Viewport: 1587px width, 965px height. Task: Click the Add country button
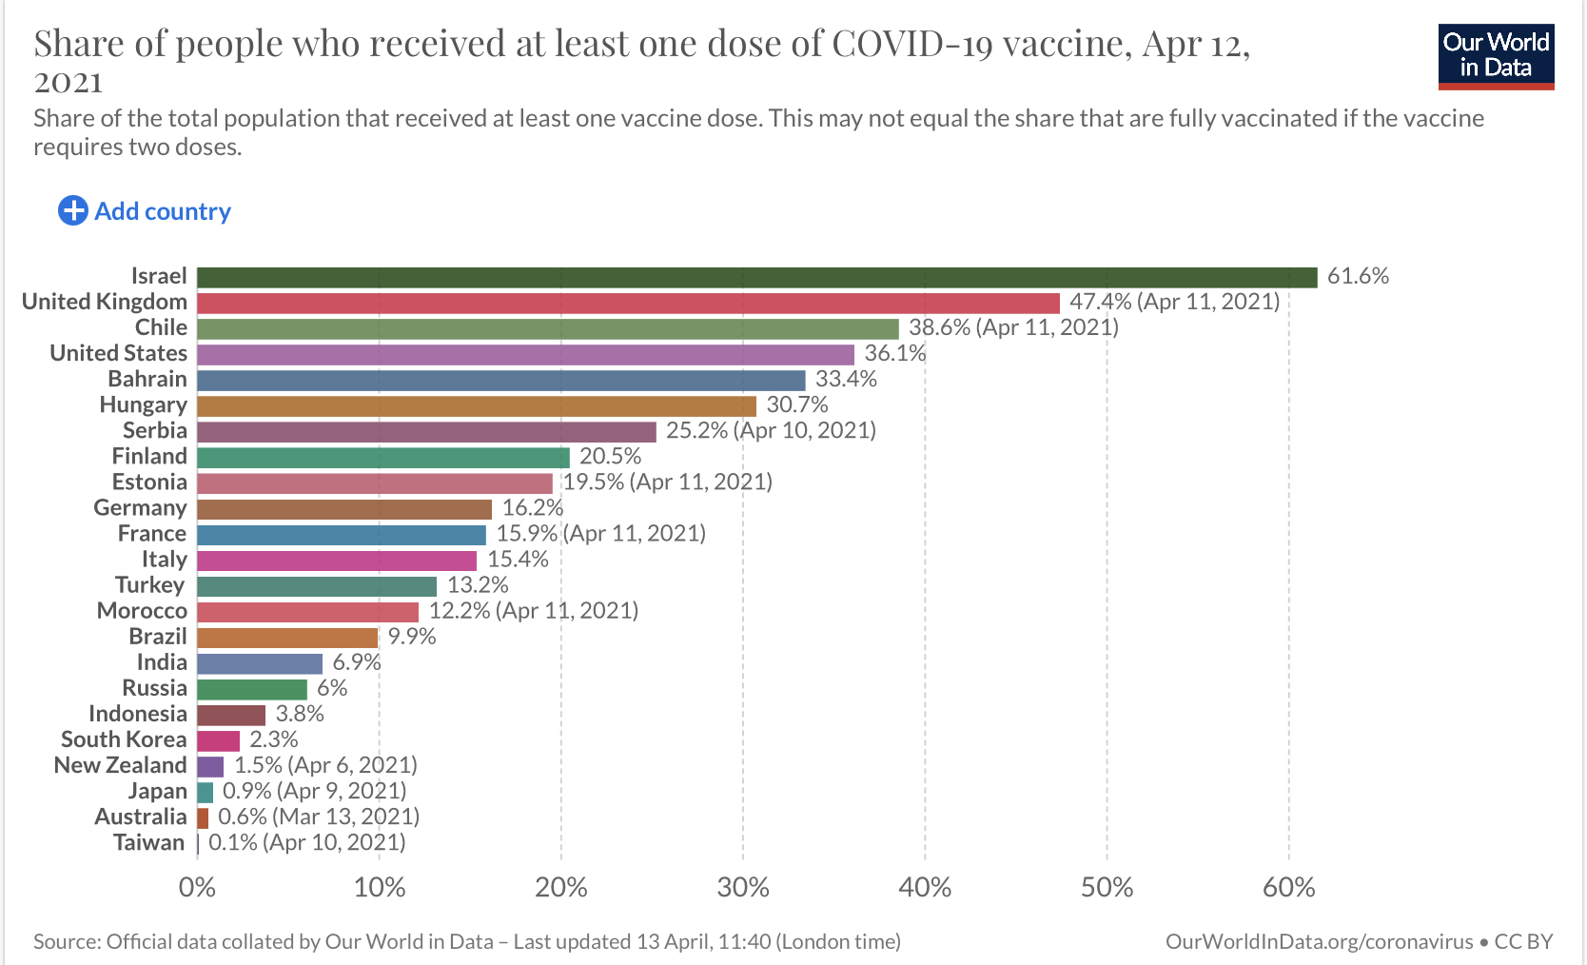point(145,211)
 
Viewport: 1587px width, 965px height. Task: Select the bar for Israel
point(756,277)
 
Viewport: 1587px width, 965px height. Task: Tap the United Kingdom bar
point(628,303)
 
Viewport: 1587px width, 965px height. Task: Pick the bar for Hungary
point(476,405)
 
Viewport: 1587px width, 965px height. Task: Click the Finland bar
point(382,457)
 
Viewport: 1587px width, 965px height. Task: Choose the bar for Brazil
point(287,637)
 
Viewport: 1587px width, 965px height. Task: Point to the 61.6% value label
point(1358,276)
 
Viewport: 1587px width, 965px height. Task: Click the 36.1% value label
point(894,353)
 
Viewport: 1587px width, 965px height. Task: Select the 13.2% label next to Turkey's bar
point(478,584)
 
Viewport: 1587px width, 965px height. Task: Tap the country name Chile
point(161,327)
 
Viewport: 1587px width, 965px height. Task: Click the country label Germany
point(140,507)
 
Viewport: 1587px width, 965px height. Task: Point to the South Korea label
point(124,739)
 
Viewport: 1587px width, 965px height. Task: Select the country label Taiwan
point(148,842)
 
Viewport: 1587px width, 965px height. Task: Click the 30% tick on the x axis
point(743,888)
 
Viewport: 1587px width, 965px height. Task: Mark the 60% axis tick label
point(1288,888)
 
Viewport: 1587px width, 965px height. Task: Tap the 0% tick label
point(197,888)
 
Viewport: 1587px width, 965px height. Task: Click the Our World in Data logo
point(1496,56)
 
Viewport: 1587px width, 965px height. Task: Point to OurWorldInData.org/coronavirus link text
point(1319,941)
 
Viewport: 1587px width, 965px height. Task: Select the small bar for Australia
point(203,817)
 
